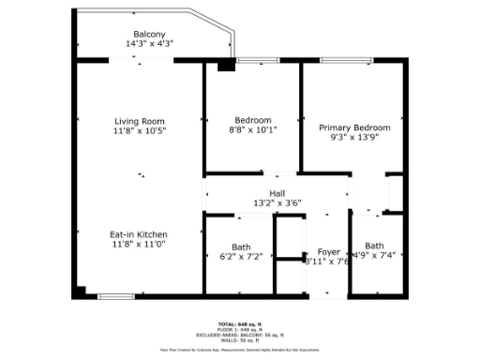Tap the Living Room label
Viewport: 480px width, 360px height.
140,121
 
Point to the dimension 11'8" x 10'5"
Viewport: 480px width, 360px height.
140,131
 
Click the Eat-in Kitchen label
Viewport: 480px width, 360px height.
139,233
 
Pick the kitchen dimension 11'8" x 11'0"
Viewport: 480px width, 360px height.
139,244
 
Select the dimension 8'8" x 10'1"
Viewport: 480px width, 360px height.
253,131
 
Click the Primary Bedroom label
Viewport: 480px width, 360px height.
354,127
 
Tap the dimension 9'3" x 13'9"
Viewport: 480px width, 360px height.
354,137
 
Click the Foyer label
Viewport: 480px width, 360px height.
328,251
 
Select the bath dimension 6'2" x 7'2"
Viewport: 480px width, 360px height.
241,257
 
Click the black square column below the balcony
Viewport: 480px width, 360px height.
225,67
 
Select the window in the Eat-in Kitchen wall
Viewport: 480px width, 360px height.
115,296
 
